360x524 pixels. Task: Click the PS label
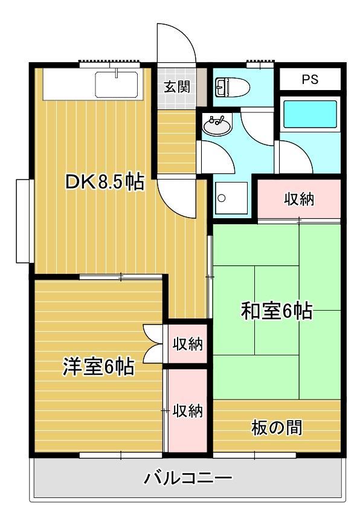point(310,80)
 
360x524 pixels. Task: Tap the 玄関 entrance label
point(176,86)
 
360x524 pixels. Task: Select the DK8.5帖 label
point(105,182)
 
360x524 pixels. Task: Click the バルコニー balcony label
point(187,479)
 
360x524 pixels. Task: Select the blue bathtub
point(310,114)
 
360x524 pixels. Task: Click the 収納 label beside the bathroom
point(299,199)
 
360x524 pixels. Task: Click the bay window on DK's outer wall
point(24,220)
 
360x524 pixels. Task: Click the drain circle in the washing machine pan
point(222,198)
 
